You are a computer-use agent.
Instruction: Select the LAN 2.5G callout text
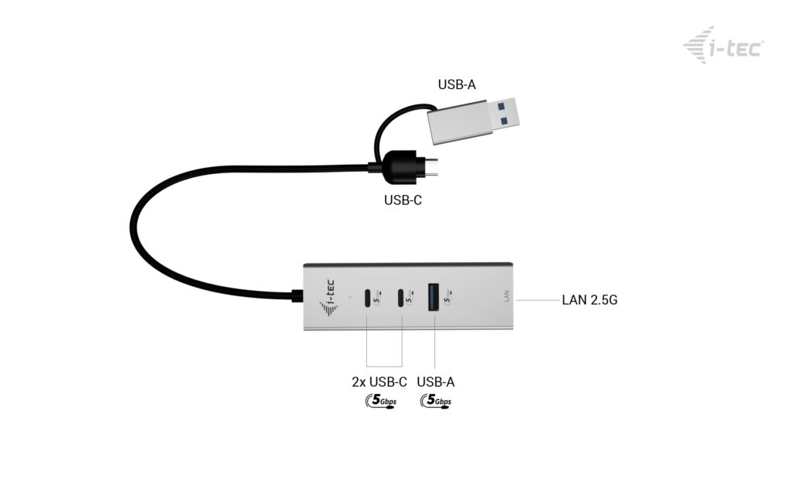click(589, 299)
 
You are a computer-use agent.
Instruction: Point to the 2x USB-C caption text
click(379, 382)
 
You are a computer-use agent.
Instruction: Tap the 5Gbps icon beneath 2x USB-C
click(379, 401)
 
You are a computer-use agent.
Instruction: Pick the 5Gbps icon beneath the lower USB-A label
click(435, 401)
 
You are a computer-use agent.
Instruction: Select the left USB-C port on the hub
click(366, 297)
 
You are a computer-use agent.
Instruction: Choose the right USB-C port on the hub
click(401, 297)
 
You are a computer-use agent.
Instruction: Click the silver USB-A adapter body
click(462, 124)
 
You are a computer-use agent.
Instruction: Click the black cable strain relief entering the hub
click(297, 296)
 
